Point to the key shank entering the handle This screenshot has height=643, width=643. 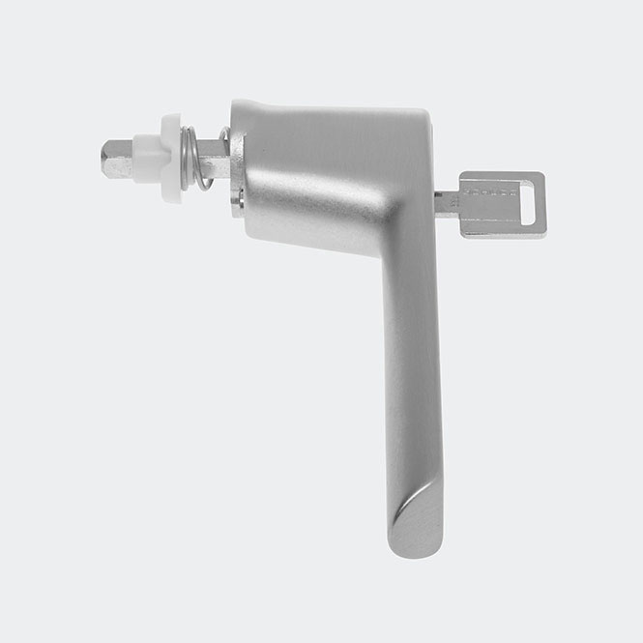click(445, 201)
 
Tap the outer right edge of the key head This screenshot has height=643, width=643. click(543, 205)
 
